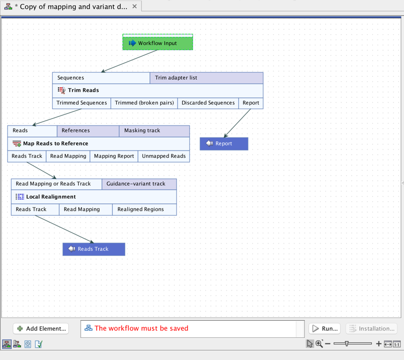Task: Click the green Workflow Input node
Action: point(158,43)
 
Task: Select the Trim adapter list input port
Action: point(206,78)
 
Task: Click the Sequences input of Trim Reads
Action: point(101,78)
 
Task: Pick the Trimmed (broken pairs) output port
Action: point(144,103)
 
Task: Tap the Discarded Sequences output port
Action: point(208,103)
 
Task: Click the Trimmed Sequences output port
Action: point(81,103)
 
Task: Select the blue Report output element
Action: point(224,144)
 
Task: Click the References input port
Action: point(88,131)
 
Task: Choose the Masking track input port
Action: point(154,131)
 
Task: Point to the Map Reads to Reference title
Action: point(55,144)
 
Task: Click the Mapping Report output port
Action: point(114,156)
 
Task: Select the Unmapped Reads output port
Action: point(163,156)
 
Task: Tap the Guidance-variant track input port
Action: point(139,184)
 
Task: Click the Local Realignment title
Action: point(51,197)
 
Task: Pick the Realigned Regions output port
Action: point(144,210)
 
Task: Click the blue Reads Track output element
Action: point(94,249)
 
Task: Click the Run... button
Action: point(324,329)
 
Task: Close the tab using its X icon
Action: point(135,6)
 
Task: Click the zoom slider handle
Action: point(347,344)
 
